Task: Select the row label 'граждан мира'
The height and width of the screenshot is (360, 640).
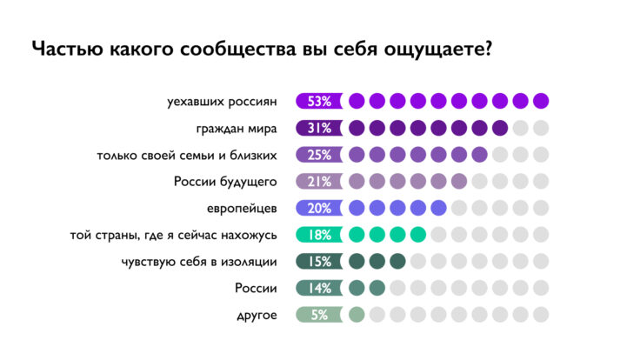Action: pyautogui.click(x=237, y=129)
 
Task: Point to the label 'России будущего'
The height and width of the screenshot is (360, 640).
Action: pyautogui.click(x=224, y=182)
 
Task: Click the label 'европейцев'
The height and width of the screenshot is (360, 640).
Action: pyautogui.click(x=242, y=209)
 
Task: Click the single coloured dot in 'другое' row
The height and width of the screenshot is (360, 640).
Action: pyautogui.click(x=357, y=315)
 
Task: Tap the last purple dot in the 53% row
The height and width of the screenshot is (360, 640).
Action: pyautogui.click(x=541, y=101)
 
